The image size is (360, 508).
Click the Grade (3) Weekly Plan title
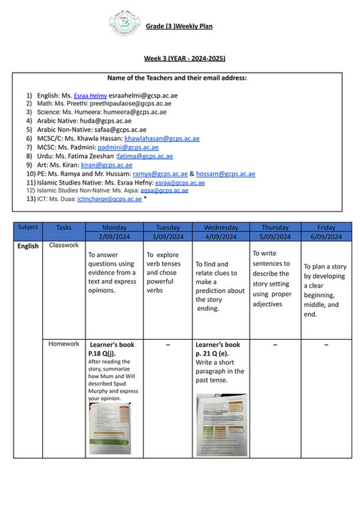point(179,26)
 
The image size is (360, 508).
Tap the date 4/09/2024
point(221,237)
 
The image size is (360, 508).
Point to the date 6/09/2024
point(327,237)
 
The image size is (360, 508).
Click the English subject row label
point(29,247)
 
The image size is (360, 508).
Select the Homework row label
point(63,344)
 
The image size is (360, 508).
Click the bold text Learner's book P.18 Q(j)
point(112,348)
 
